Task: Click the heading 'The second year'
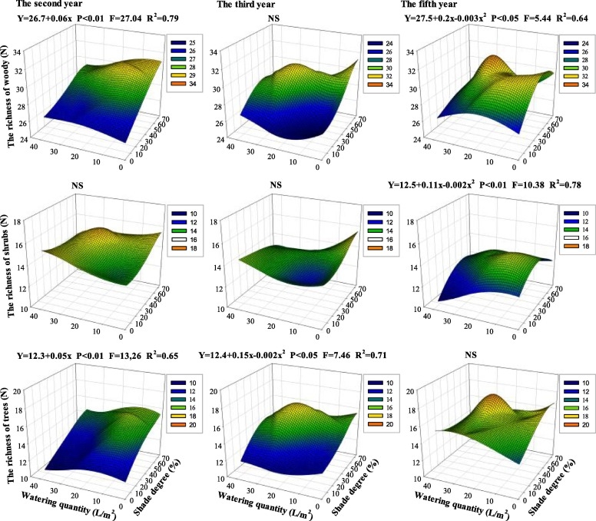pos(38,4)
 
